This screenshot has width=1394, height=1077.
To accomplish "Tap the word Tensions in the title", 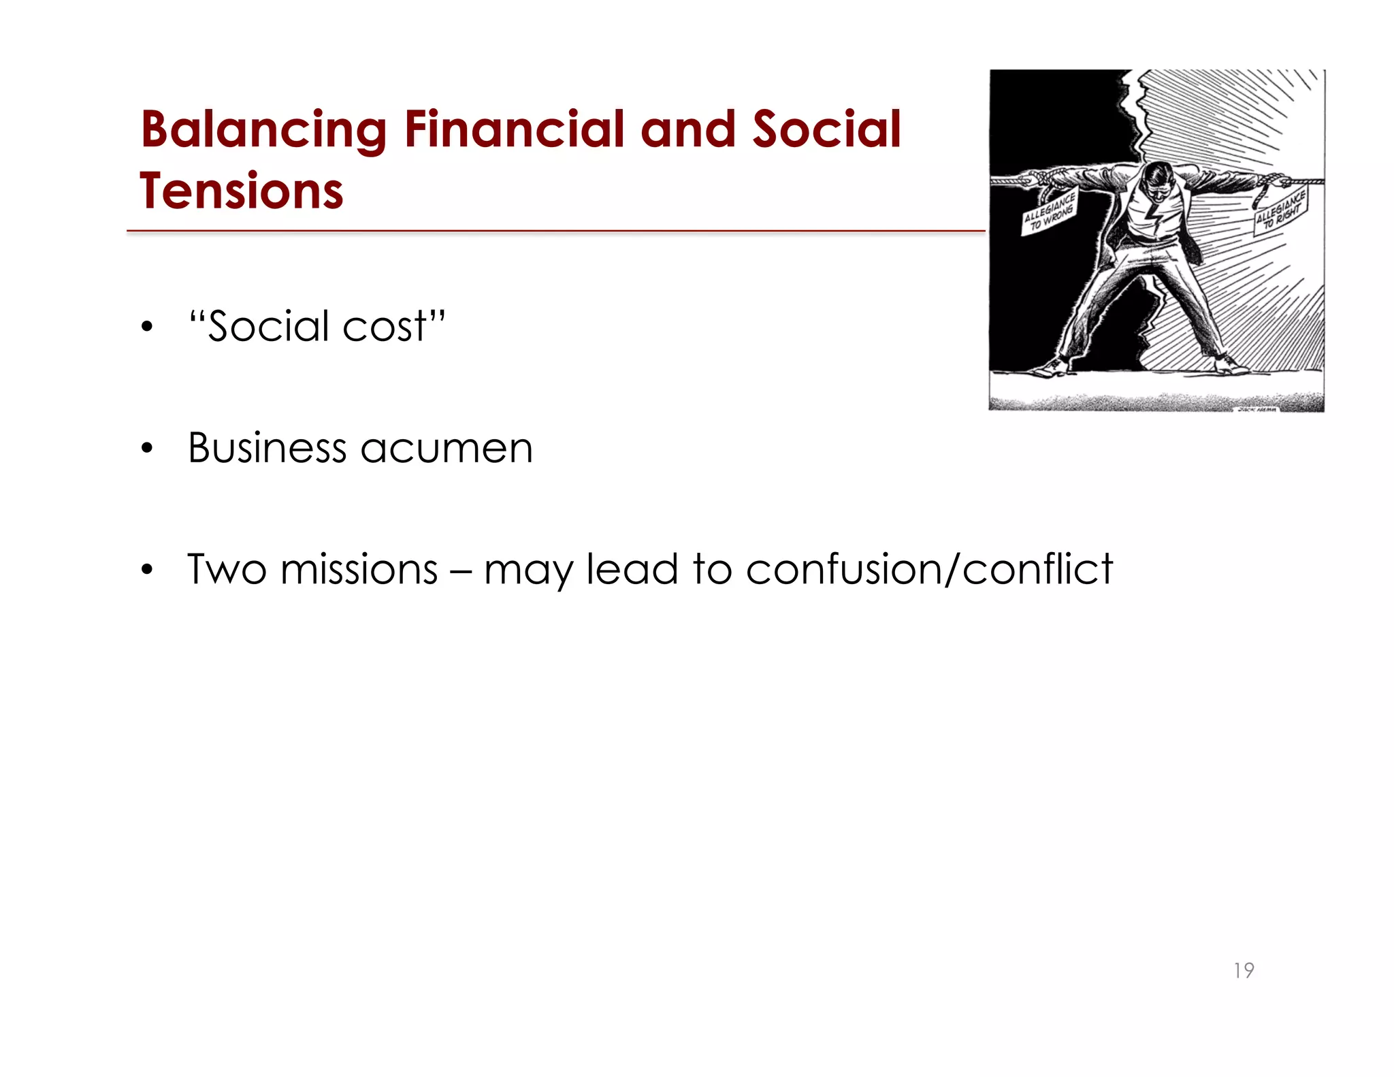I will [242, 191].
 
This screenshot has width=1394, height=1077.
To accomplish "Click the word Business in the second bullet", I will [267, 448].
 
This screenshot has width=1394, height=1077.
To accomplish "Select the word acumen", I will [446, 449].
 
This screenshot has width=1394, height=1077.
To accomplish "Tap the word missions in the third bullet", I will [359, 569].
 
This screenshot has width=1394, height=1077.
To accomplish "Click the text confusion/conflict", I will [929, 569].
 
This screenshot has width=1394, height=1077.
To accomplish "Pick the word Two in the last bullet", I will [227, 569].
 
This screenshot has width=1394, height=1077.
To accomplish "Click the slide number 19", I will [1244, 970].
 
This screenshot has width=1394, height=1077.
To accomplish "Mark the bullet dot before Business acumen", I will [147, 449].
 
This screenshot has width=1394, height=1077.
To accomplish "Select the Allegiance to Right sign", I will [1280, 212].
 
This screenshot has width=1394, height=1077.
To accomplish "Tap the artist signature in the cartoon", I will [1257, 408].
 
